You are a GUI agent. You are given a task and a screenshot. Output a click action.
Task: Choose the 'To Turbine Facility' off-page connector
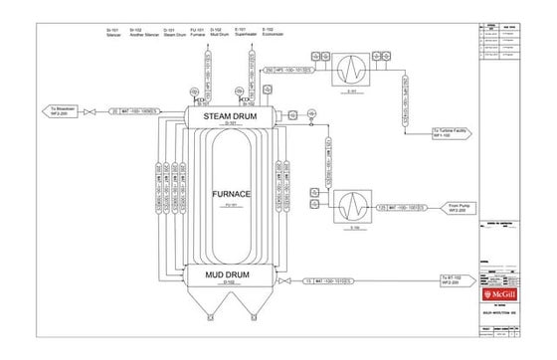(454, 130)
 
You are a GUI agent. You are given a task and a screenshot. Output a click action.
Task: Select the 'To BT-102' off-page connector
(455, 279)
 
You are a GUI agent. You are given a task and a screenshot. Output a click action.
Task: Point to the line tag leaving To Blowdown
(133, 110)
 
